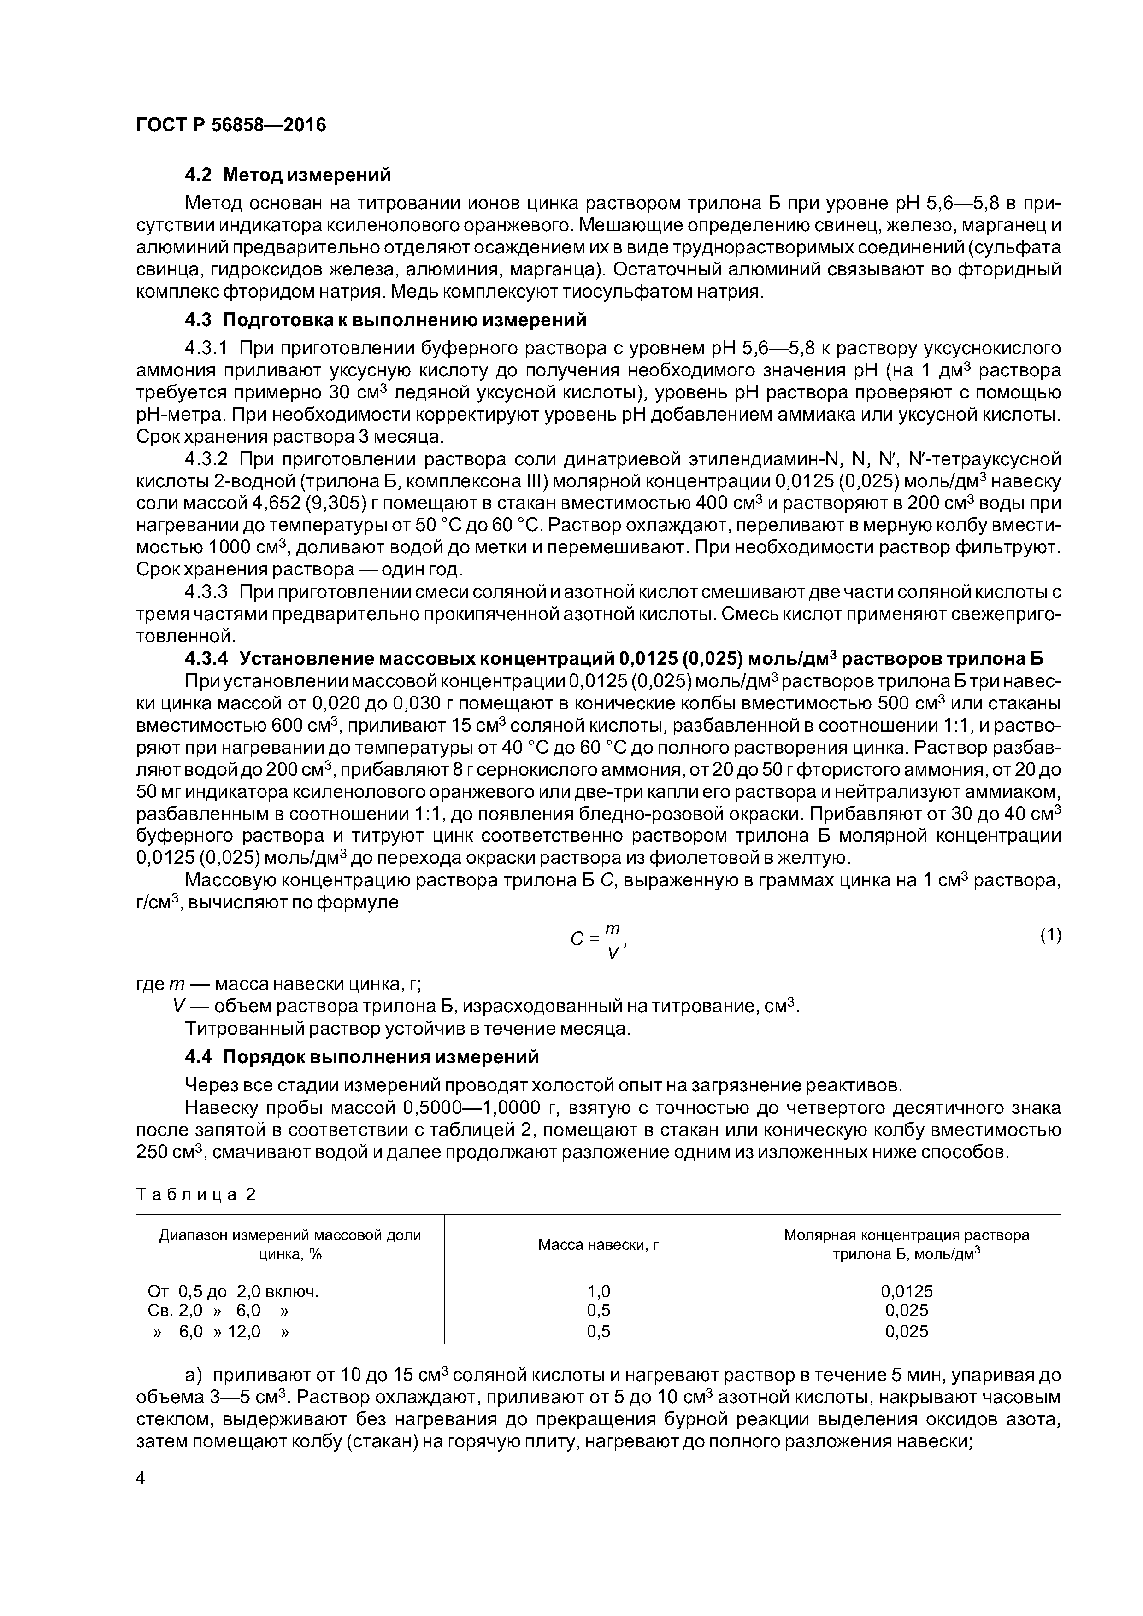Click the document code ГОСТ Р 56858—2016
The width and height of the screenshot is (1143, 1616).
point(231,125)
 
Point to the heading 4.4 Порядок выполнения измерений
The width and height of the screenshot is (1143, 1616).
point(361,1057)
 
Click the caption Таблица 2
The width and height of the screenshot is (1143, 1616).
point(196,1194)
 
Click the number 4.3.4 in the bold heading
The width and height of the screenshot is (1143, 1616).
point(206,659)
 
